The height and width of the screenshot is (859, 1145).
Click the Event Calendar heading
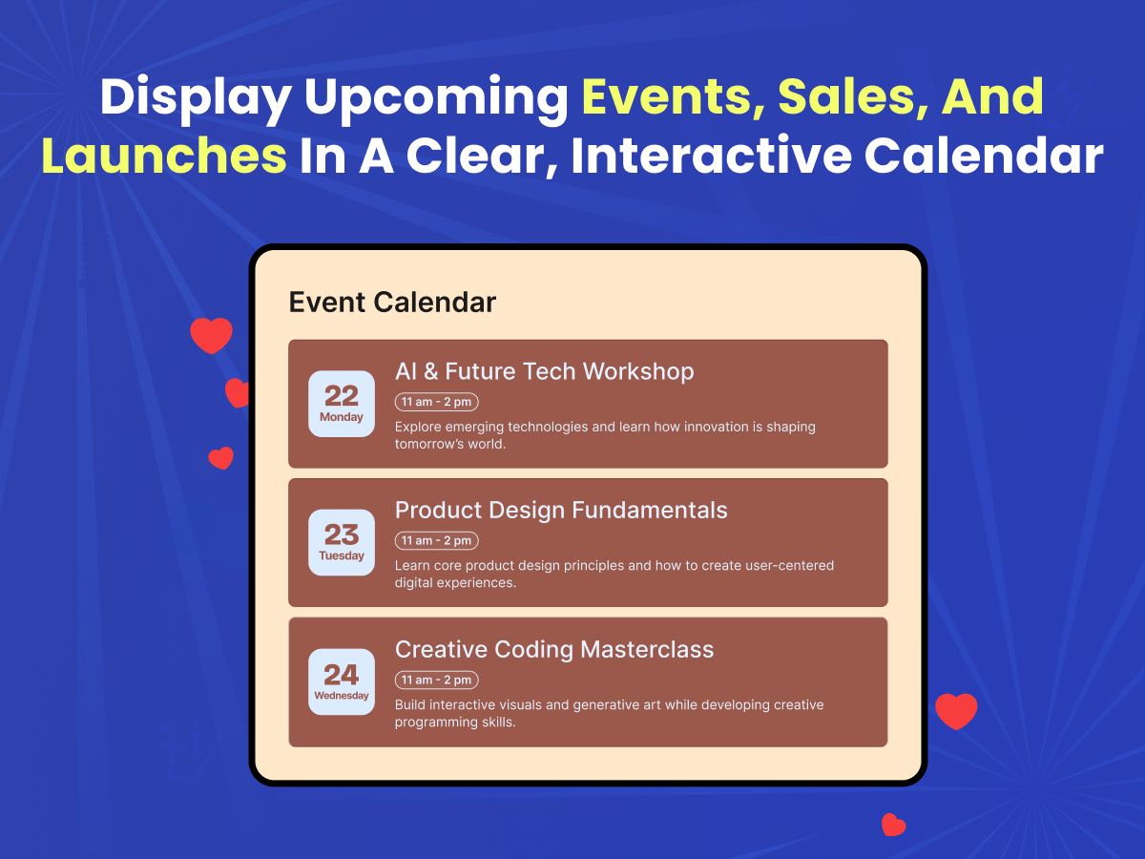[392, 302]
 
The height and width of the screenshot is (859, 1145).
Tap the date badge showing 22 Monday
[342, 404]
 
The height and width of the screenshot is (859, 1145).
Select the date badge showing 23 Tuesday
[342, 542]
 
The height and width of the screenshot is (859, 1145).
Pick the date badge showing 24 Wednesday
[342, 681]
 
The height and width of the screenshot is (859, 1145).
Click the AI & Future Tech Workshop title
[545, 371]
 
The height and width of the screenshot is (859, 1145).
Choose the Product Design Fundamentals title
[561, 510]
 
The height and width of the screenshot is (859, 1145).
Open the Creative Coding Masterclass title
[554, 649]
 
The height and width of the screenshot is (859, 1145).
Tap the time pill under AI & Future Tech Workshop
[437, 402]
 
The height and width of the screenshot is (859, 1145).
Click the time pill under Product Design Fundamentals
[437, 540]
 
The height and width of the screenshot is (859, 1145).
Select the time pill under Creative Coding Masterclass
[437, 680]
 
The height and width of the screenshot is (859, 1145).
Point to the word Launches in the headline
[164, 156]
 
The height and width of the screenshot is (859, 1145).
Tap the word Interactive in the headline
[712, 156]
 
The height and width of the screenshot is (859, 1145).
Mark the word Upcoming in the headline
[436, 99]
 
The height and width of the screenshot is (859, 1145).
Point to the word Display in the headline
[196, 99]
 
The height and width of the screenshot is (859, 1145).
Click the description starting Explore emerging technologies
[605, 435]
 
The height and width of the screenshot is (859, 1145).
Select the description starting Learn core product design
[614, 574]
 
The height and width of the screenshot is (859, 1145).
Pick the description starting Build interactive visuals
[610, 713]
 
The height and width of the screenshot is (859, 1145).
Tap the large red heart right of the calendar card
[956, 710]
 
